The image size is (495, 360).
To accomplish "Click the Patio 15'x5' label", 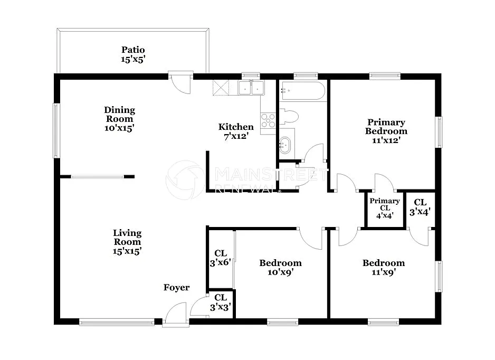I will (132, 55).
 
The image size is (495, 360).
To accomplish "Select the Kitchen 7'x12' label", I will (236, 131).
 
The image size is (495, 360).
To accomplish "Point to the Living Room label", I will (127, 242).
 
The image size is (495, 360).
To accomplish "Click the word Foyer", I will (176, 288).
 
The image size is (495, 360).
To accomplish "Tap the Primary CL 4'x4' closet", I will (385, 208).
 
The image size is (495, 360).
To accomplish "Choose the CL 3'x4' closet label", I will (420, 207).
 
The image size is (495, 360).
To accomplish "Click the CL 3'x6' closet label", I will (220, 258).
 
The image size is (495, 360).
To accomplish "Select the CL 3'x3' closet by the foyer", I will (220, 302).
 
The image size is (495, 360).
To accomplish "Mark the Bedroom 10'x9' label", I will (280, 268).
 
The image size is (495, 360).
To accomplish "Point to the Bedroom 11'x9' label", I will (384, 268).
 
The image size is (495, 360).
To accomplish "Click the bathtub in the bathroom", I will (302, 91).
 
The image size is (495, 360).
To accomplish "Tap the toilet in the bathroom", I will (289, 116).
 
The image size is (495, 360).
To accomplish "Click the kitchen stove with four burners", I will (268, 121).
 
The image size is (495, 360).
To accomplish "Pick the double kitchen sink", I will (251, 88).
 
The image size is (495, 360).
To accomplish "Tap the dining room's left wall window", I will (56, 130).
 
